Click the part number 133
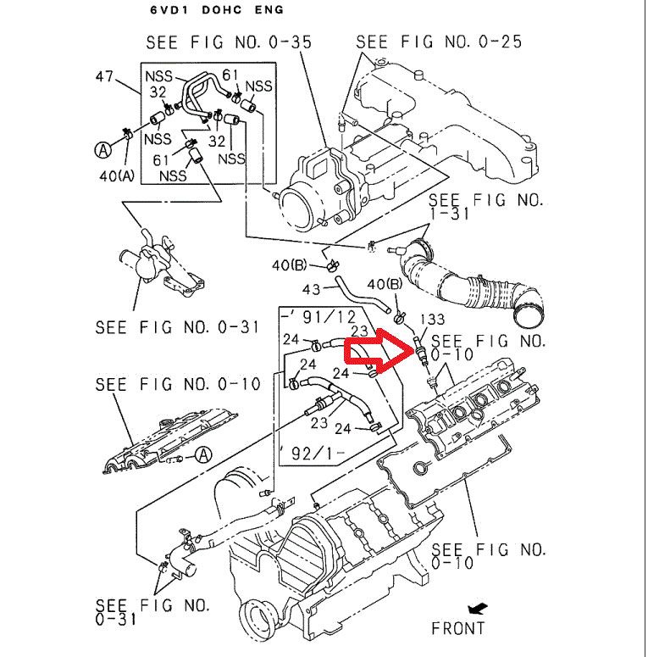431,319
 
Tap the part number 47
105,76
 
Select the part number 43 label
313,291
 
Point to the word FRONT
457,628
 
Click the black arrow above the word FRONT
478,608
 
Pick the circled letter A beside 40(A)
103,151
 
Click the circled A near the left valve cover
202,454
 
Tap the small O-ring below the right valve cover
419,469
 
